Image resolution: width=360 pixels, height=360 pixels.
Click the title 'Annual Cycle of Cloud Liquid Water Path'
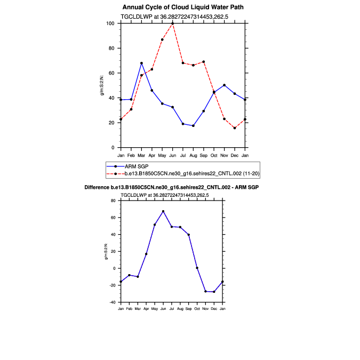183,7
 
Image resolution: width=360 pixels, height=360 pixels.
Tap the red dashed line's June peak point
172,23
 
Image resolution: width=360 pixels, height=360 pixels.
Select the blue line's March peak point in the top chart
141,63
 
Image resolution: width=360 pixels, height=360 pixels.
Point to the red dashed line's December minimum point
235,128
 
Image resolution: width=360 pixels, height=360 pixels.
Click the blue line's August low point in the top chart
193,126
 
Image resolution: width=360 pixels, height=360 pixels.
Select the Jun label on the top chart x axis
172,155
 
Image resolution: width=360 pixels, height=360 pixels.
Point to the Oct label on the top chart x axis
214,155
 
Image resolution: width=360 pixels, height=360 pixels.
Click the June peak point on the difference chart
163,211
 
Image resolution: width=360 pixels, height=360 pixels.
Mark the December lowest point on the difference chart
214,292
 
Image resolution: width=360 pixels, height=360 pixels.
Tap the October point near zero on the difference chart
197,268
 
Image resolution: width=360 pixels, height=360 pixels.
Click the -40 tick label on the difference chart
113,302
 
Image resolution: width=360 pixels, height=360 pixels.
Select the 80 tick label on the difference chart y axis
114,201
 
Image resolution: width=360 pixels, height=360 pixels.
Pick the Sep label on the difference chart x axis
188,309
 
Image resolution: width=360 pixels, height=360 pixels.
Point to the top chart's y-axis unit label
102,85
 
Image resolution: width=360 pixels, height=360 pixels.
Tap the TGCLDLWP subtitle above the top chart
182,17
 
